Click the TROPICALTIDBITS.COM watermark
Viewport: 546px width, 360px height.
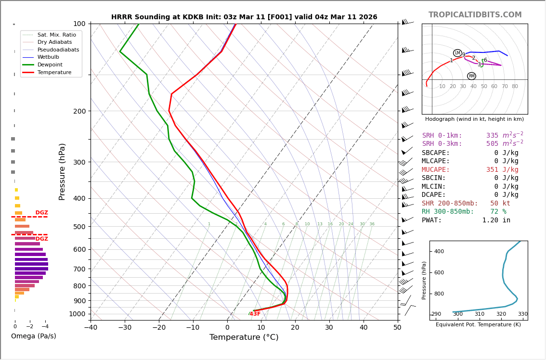pos(475,15)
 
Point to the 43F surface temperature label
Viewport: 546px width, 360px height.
pos(255,314)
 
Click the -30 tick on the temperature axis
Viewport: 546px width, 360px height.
pos(125,328)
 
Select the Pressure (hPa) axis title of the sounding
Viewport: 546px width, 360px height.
pos(62,171)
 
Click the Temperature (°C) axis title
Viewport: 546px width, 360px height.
pos(244,337)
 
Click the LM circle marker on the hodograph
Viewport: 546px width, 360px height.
pos(457,53)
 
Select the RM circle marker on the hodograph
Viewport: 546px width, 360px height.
pos(471,76)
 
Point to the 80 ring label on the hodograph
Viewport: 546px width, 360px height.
pos(515,87)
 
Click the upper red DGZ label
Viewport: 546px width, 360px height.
pos(41,213)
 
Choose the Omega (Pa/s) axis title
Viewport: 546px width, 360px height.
pos(34,336)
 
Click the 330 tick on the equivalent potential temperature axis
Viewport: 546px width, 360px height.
pos(522,314)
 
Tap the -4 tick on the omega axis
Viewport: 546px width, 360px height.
pos(45,327)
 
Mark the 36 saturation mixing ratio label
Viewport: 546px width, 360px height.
pos(372,224)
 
